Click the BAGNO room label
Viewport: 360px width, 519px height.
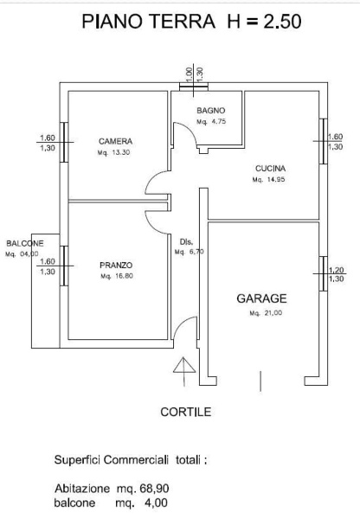pos(210,111)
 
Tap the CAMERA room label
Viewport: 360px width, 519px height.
pos(116,141)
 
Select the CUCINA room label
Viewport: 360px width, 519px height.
pos(270,169)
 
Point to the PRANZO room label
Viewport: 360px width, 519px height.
pos(116,266)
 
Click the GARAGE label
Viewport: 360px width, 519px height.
pos(261,298)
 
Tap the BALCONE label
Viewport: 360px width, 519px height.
pos(25,244)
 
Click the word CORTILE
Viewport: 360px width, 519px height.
pos(186,412)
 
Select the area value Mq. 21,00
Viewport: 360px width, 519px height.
pos(266,313)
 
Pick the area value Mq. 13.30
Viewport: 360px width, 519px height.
pos(113,152)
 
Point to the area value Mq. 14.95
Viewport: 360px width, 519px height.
pos(268,180)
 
